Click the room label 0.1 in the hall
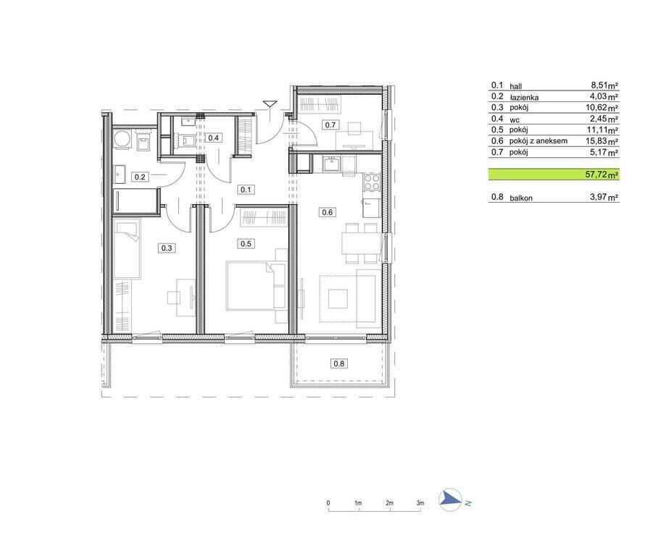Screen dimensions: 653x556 click(x=246, y=190)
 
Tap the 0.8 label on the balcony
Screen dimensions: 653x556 click(x=339, y=363)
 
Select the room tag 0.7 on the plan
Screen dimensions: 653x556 click(x=330, y=125)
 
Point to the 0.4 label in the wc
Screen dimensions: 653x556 click(x=213, y=138)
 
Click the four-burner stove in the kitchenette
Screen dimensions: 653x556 click(x=372, y=181)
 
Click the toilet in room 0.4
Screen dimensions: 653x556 click(x=186, y=140)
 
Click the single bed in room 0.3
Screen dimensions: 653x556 click(x=127, y=249)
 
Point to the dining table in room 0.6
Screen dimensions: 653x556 click(x=362, y=243)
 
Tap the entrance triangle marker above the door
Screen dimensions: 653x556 click(x=270, y=104)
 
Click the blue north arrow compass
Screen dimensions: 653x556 click(x=450, y=500)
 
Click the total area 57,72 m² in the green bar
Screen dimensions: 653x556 click(x=602, y=174)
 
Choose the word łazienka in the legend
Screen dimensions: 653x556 click(x=524, y=97)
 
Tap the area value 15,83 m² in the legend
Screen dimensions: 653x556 click(x=602, y=141)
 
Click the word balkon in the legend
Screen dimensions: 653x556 click(x=521, y=198)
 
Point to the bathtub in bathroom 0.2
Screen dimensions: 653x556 click(x=136, y=201)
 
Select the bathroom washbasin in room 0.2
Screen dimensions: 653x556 click(x=120, y=174)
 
